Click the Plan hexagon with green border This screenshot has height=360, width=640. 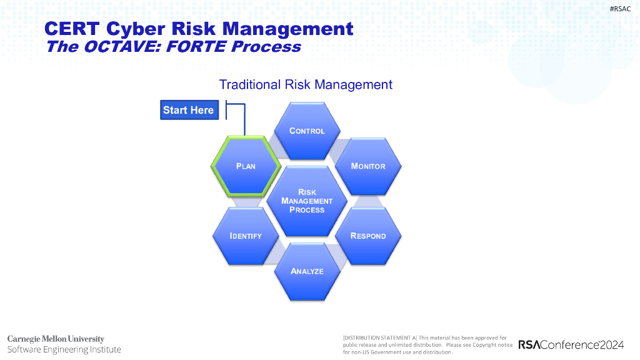coord(246,166)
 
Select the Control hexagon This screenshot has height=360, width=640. coord(307,131)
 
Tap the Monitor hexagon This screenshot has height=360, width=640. coord(368,166)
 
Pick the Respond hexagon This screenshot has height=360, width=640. coord(368,236)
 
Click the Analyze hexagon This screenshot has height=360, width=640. coord(307,271)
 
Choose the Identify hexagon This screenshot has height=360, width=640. coord(246,236)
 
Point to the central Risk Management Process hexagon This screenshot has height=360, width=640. coord(307,201)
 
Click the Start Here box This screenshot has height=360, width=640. coord(188,110)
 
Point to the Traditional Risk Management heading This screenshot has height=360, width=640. coord(306,84)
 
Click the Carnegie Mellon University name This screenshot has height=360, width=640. coord(56,339)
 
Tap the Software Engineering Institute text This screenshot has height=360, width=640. coord(64,349)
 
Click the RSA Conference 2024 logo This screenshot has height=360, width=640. coord(571,345)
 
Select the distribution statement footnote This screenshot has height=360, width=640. coord(427,344)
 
